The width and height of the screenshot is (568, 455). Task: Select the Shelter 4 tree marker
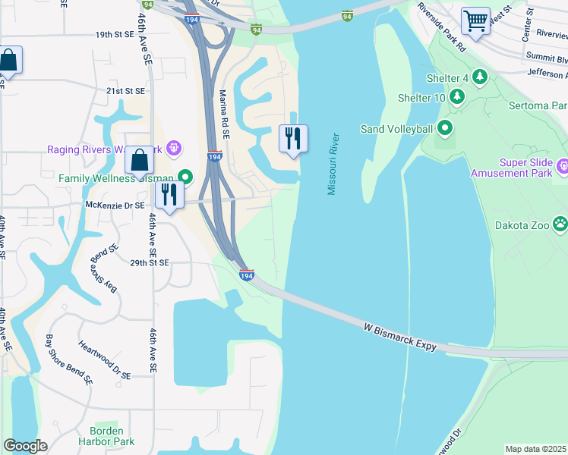tap(479, 77)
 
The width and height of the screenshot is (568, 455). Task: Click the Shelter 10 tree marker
tap(456, 97)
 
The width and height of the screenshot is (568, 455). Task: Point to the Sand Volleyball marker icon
tap(444, 128)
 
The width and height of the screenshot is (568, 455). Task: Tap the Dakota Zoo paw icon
tap(560, 224)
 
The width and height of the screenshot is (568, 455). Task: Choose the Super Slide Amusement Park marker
tap(562, 166)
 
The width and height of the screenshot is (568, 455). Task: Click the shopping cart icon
tap(475, 20)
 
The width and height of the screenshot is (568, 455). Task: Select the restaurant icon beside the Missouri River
tap(293, 139)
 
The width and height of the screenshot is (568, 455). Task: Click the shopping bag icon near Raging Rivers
tap(139, 161)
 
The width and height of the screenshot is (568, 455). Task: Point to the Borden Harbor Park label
tap(101, 436)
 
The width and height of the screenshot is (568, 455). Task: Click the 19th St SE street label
tap(114, 35)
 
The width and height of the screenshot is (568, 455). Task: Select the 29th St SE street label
tap(149, 262)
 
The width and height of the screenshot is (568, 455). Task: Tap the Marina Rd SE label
tap(224, 115)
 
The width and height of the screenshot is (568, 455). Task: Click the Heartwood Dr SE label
tap(104, 359)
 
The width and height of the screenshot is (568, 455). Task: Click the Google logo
tap(25, 446)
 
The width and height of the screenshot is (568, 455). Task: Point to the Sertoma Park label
tap(540, 105)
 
